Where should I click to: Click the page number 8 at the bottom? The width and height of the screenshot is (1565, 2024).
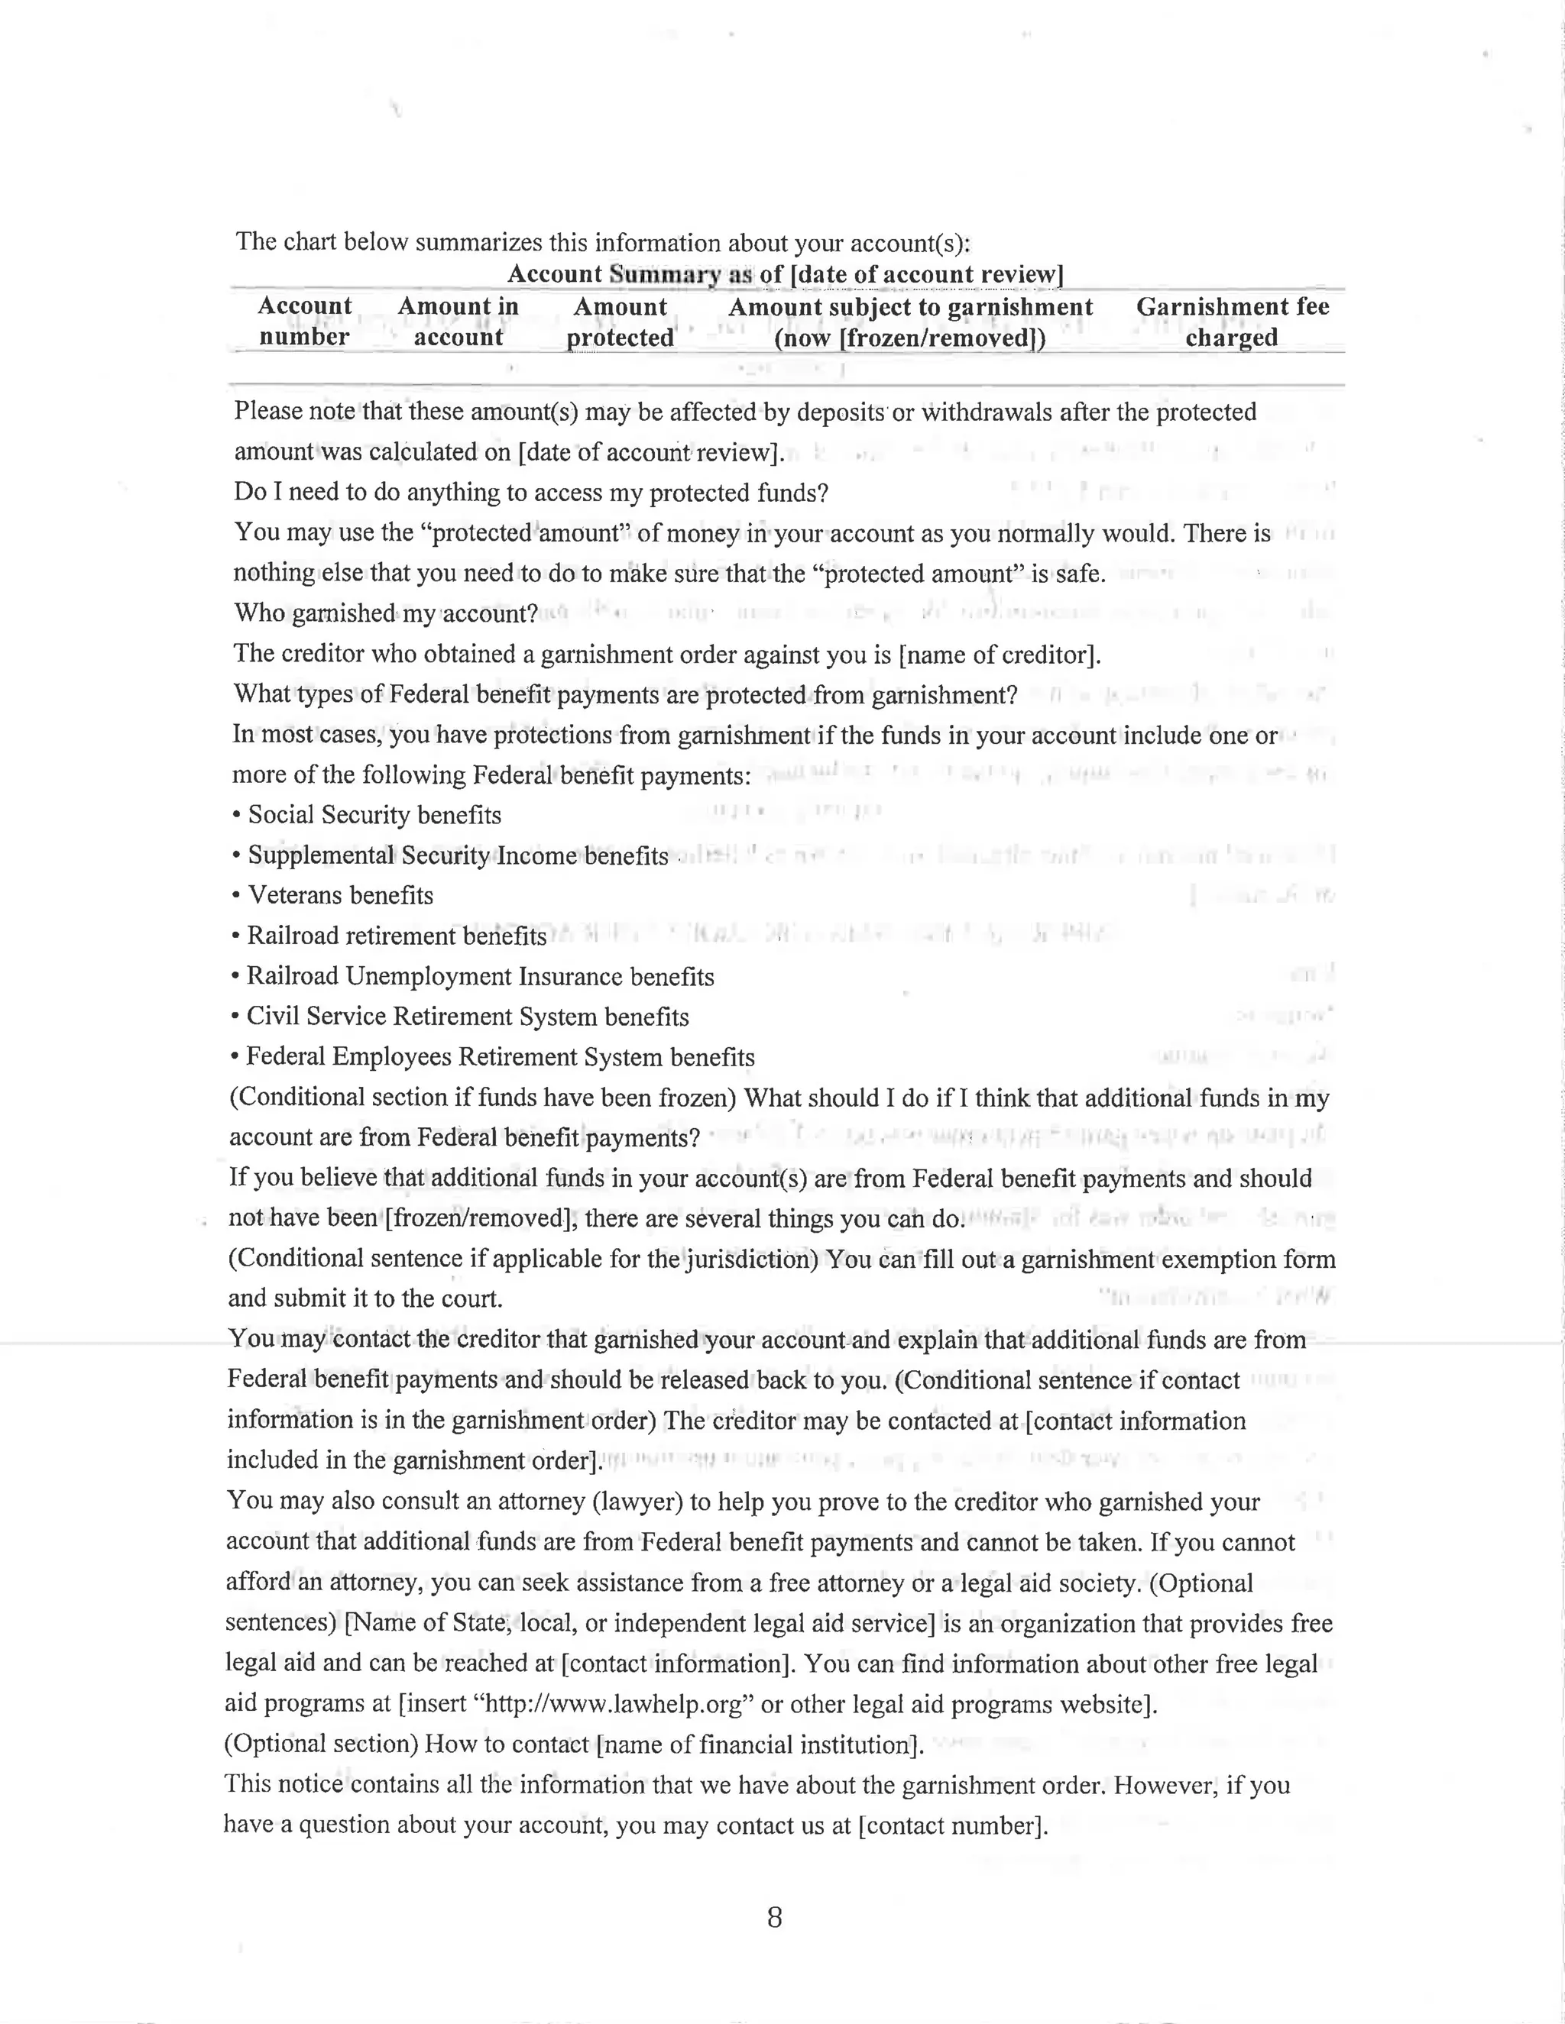pos(774,1917)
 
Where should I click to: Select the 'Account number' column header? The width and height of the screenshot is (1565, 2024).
pos(304,321)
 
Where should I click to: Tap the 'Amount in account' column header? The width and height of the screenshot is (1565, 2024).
pos(458,321)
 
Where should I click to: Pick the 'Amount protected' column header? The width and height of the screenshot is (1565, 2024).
pos(620,322)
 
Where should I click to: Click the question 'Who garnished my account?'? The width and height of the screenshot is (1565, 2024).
pos(386,613)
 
